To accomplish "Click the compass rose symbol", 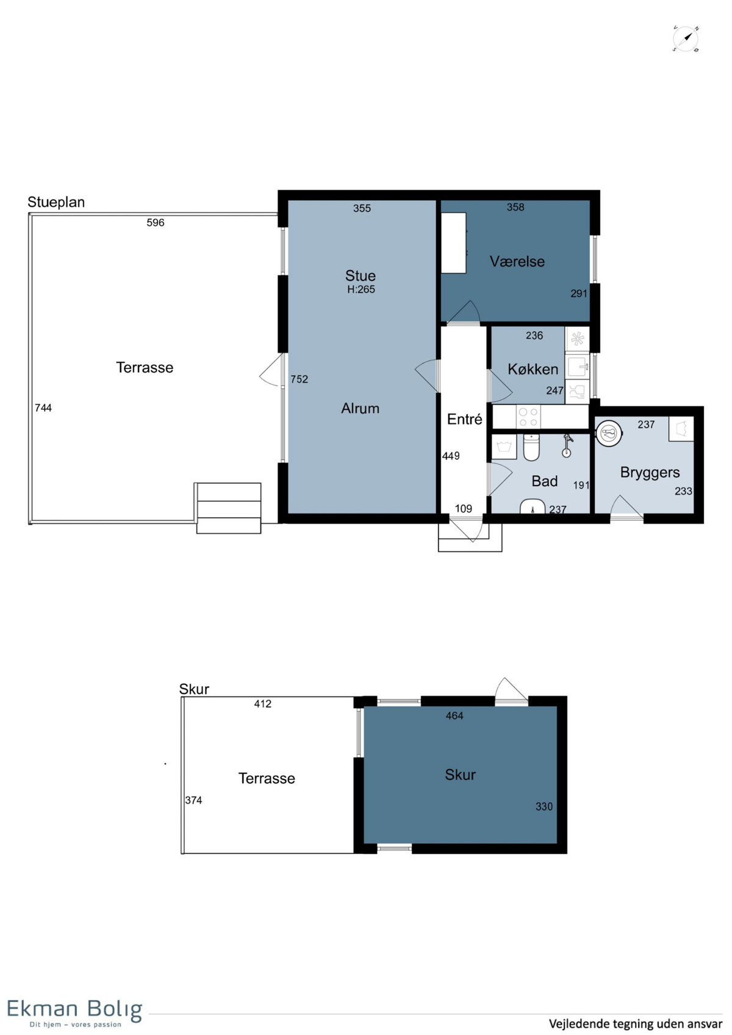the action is (685, 39).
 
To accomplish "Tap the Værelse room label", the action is (517, 262).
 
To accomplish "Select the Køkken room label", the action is (533, 369).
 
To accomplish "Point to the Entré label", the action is (464, 419).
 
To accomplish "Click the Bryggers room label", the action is (650, 472).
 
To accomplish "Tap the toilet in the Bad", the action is (531, 447).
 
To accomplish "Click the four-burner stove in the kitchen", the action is (528, 417).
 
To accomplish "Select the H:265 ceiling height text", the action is (361, 289).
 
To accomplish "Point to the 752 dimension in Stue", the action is (299, 379).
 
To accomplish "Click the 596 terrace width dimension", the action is (156, 223).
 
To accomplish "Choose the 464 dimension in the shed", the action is (454, 716).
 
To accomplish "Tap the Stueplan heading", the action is (56, 202).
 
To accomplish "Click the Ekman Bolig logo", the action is (74, 1012).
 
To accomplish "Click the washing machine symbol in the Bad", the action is (504, 446).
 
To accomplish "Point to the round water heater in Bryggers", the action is (609, 433).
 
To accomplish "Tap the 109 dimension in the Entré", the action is (463, 509).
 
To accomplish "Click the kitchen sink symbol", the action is (577, 367).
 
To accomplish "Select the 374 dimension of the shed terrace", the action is (193, 800).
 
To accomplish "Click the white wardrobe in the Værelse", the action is (453, 243).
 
